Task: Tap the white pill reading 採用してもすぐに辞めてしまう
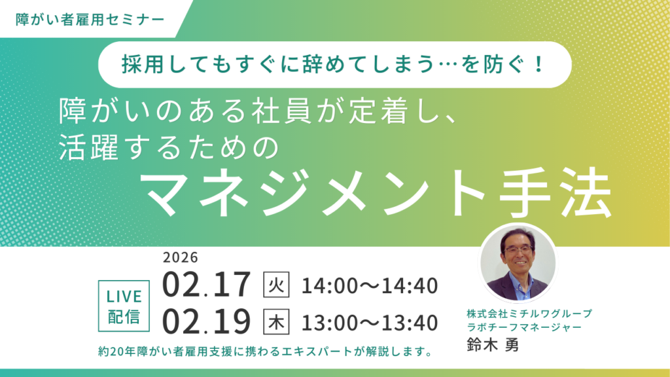(334, 65)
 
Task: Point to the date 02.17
(207, 285)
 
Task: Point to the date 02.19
(207, 322)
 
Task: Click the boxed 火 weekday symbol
(275, 285)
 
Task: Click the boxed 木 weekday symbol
(275, 322)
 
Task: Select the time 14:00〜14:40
(370, 286)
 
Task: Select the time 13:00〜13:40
(370, 323)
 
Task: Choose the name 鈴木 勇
(493, 346)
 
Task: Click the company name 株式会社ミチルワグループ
(529, 313)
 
